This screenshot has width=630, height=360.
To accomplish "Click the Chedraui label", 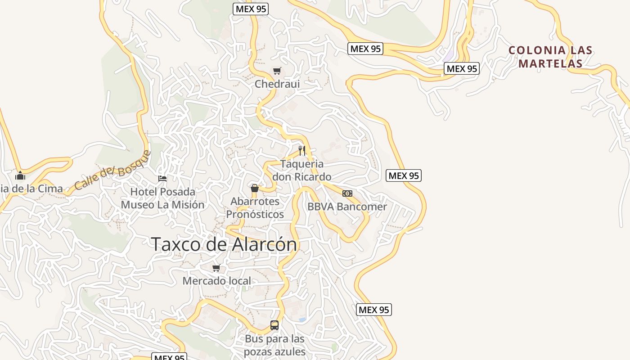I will [277, 84].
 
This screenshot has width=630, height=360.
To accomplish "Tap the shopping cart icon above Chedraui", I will [277, 71].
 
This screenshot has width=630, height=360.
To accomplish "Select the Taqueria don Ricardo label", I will [302, 170].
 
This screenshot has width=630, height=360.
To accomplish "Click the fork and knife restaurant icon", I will [302, 150].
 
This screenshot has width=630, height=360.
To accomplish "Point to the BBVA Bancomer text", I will [347, 207].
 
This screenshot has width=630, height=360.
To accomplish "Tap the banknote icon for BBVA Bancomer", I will [347, 193].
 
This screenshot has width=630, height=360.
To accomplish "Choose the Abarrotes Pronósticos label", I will [255, 207].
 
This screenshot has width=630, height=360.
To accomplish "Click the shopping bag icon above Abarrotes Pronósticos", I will [255, 188].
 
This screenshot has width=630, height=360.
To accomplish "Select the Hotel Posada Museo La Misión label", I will [162, 198].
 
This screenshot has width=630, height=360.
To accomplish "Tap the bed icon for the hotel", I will [162, 179].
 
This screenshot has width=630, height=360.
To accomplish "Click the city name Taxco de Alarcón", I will [224, 244].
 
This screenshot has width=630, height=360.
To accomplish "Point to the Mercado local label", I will [216, 281].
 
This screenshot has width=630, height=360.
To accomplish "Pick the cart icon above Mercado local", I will [216, 268].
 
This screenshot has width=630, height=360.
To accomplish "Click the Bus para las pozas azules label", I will [274, 345].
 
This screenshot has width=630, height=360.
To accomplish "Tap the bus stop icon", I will [274, 325].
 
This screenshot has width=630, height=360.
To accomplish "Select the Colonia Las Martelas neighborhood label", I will [550, 57].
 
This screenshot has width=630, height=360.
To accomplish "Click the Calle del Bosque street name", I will [112, 170].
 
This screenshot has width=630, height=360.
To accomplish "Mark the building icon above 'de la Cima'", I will [20, 175].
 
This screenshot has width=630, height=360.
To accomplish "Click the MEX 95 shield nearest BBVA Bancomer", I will [403, 175].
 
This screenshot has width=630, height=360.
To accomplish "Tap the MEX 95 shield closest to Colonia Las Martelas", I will [461, 68].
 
